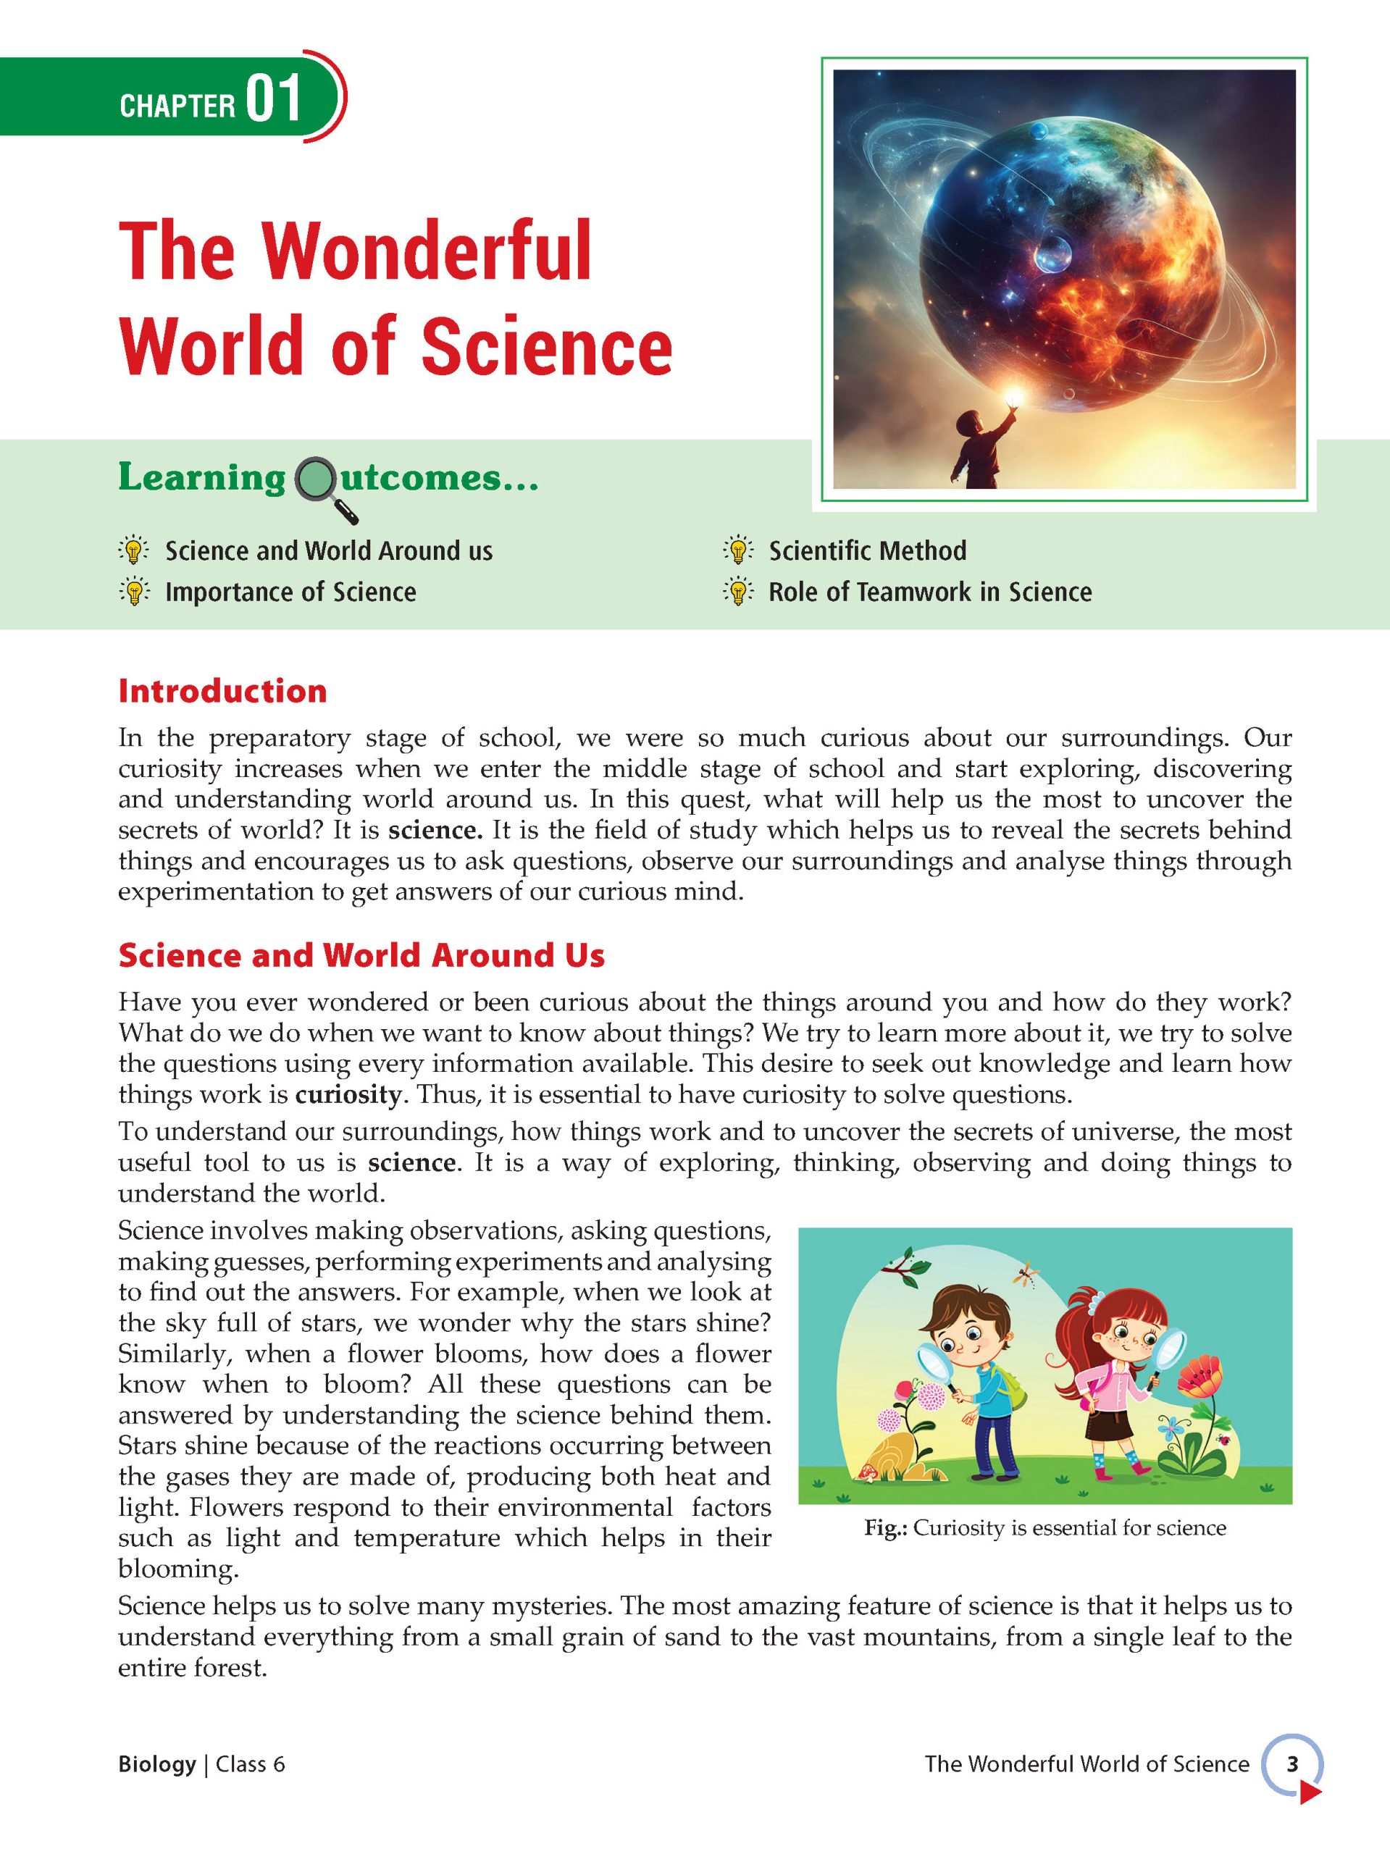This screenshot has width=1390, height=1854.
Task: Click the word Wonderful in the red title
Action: [x=426, y=251]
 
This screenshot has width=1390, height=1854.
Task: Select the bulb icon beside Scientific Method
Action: [x=738, y=550]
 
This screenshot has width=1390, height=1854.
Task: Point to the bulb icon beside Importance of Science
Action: [x=134, y=592]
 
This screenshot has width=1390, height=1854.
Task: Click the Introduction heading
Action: [x=222, y=692]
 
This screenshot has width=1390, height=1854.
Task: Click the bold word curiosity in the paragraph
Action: [x=348, y=1094]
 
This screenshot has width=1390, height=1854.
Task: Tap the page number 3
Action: [x=1292, y=1764]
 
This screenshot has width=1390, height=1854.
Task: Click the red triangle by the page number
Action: [x=1309, y=1789]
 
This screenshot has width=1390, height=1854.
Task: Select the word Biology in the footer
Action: [x=156, y=1764]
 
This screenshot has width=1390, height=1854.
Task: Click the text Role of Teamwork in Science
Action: [x=930, y=592]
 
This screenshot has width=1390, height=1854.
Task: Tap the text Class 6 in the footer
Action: [x=250, y=1764]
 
